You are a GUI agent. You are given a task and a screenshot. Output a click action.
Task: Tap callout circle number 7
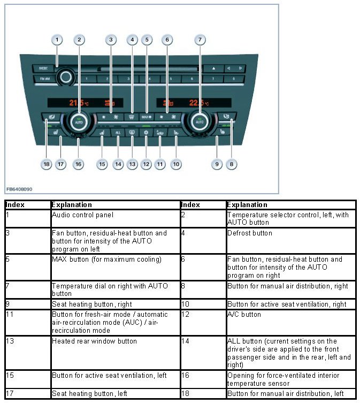(200, 40)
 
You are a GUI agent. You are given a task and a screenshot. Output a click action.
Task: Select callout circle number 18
(47, 164)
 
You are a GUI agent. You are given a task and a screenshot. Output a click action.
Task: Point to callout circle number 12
(146, 164)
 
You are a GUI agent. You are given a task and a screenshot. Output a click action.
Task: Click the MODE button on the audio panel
(43, 68)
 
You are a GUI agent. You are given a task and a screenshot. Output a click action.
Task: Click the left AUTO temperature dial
(79, 121)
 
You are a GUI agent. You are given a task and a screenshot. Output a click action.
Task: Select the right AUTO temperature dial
(200, 121)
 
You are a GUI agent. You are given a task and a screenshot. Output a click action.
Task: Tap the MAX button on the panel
(147, 116)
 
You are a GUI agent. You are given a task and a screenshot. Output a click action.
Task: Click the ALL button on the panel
(118, 132)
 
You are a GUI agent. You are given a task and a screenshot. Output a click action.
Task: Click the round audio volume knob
(66, 78)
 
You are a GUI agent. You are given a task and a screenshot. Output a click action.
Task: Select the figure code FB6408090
(19, 189)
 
